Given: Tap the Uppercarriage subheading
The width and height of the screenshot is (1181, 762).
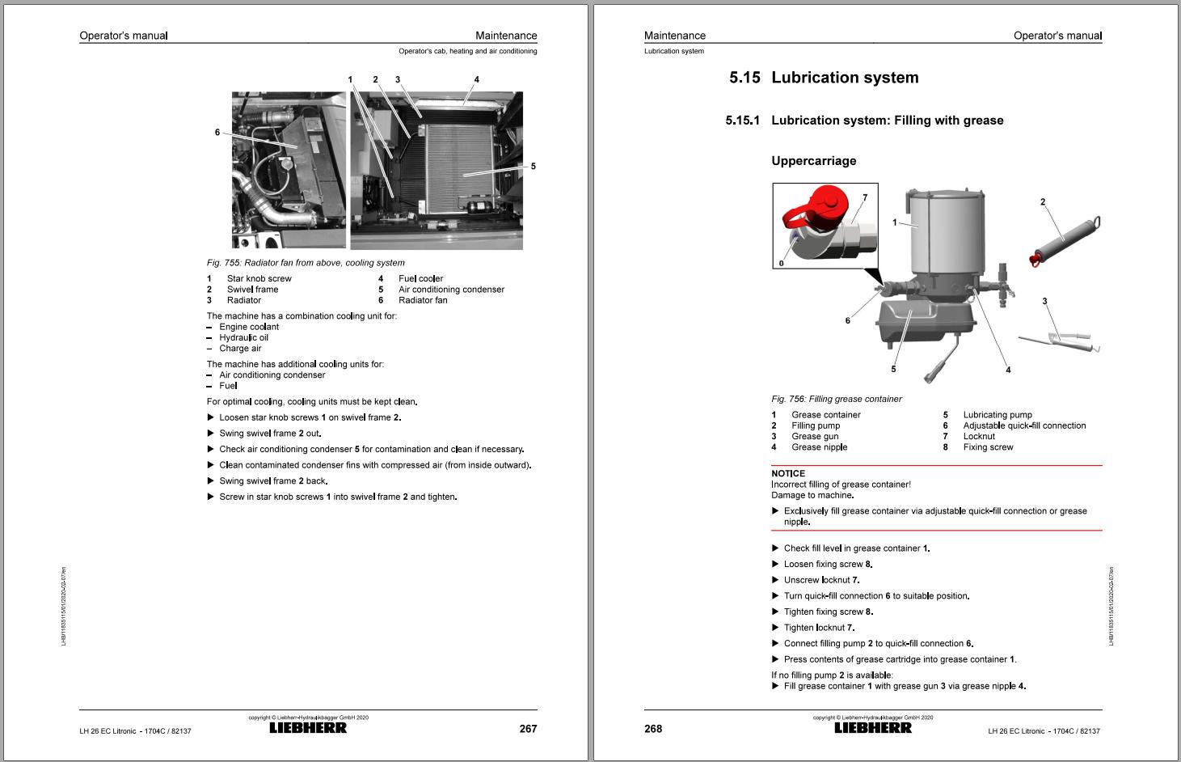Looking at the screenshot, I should coord(813,161).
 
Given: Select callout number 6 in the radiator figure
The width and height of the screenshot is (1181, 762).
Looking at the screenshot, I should coord(217,133).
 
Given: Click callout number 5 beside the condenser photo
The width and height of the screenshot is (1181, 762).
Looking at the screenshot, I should coord(534,167).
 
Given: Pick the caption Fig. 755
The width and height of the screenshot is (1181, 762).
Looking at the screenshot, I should coord(306,263).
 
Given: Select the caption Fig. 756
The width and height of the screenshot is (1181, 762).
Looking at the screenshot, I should coord(837,399).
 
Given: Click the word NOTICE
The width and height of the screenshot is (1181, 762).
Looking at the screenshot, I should coord(788,473).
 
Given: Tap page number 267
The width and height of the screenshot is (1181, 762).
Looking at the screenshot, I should coord(528,729).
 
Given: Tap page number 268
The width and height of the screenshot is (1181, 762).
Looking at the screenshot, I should coord(653,729).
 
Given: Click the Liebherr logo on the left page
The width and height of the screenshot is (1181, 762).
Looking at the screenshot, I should coord(308,727).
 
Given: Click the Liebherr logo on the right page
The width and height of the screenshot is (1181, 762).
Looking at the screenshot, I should coord(873,727).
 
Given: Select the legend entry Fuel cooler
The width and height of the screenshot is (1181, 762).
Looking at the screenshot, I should coord(420,278).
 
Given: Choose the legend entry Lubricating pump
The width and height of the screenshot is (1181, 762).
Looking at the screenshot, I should coord(998,415).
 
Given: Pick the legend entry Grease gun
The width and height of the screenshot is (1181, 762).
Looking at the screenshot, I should coord(815,436).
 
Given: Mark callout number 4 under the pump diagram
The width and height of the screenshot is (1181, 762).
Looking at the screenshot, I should coord(1008,370).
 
